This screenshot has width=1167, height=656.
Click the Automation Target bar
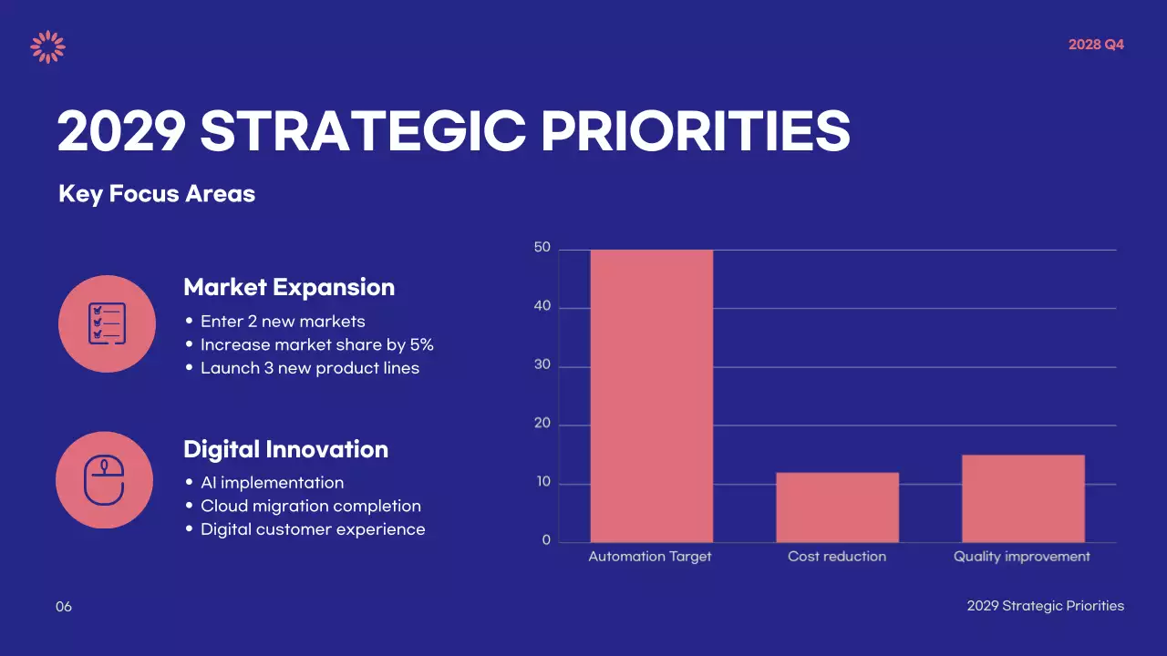[651, 395]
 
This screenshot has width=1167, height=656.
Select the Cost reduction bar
[837, 507]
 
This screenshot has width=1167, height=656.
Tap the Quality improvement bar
[1023, 498]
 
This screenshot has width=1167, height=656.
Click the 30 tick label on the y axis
[542, 366]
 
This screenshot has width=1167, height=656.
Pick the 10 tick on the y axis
[542, 483]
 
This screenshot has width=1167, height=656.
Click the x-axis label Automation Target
[650, 557]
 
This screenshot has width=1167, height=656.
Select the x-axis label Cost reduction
[837, 557]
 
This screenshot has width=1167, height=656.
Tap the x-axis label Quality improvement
[1022, 557]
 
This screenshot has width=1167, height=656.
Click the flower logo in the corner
[47, 46]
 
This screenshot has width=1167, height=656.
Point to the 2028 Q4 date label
[1096, 45]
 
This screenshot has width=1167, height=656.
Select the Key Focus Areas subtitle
[157, 194]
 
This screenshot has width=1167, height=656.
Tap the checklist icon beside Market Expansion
[107, 323]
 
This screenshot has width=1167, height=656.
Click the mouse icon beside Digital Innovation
[104, 480]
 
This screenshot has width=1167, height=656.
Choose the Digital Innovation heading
[285, 449]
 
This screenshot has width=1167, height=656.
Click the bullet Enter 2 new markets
[283, 322]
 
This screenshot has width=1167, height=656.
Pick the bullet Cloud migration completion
[310, 506]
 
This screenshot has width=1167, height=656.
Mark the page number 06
[64, 607]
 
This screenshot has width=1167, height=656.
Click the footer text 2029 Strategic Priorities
[1045, 606]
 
